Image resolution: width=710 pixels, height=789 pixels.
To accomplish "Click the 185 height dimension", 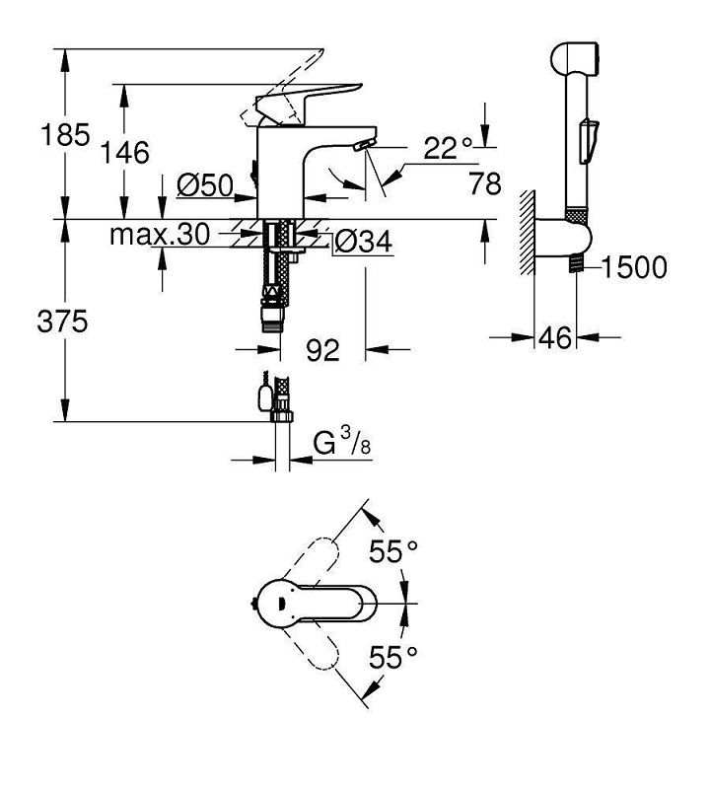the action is coord(65,135).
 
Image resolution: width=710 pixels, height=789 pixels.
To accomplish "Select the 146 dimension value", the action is coord(125,152).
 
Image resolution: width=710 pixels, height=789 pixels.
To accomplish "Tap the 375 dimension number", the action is coord(62,322).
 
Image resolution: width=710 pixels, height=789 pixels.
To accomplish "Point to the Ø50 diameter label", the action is coord(205,185).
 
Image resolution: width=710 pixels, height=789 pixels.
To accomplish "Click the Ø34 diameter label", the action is coord(363,242).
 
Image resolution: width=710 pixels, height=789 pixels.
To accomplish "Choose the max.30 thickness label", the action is coord(160,235).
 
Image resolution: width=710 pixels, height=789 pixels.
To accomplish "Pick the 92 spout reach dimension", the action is coord(323,349).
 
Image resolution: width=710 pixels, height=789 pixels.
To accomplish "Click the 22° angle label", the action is coord(448,147).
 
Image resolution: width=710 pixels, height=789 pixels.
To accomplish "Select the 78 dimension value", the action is coord(485,183).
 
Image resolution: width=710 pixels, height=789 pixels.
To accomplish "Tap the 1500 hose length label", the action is coord(634,266).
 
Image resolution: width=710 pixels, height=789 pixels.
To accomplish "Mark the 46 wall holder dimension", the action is coord(555,337).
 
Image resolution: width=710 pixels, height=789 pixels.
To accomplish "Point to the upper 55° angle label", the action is coord(393,551).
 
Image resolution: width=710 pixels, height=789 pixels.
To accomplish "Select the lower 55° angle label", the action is coord(393,657).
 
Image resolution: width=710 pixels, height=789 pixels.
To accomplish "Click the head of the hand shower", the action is coord(575,59).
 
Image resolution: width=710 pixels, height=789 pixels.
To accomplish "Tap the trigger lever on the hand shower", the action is coord(588,141).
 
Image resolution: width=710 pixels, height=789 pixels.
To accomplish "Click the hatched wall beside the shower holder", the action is coord(527,233).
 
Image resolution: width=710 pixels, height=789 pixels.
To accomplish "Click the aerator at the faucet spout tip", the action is coord(363,145).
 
